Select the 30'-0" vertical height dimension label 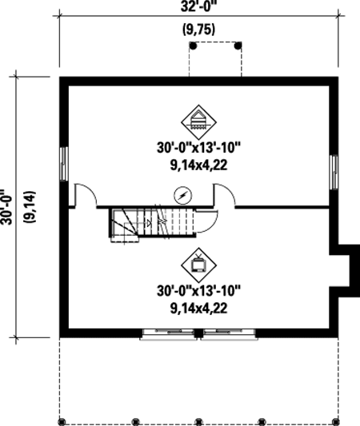coord(6,207)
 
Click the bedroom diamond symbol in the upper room coord(198,122)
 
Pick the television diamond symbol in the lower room coord(198,265)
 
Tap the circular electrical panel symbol coord(183,195)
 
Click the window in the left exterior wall coord(64,164)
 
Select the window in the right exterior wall coord(334,173)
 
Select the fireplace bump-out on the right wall coord(345,271)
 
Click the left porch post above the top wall coord(193,46)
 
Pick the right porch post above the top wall coord(238,46)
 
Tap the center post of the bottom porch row coord(198,422)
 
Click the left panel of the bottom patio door coord(169,334)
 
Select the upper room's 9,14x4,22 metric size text coord(198,165)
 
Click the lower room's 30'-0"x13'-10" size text coord(198,291)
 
